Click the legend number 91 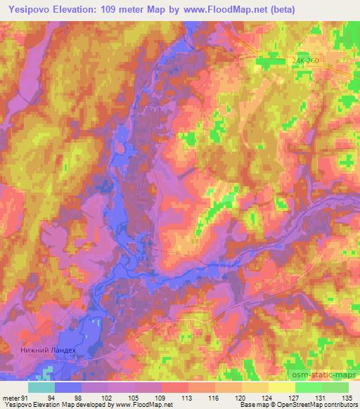[26, 398]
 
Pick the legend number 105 [135, 398]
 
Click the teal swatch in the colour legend [41, 387]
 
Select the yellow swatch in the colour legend [282, 387]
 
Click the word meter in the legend [10, 398]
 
